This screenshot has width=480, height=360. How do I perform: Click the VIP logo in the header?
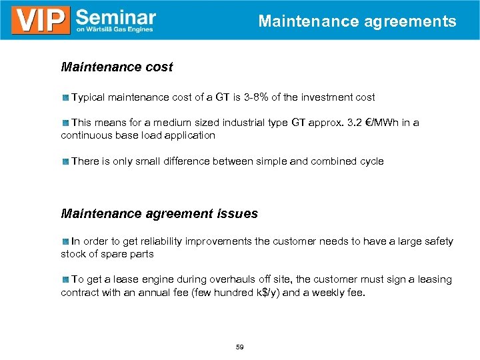(x=41, y=20)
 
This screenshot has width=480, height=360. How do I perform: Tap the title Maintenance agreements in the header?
(x=357, y=21)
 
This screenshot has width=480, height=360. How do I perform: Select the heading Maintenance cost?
(x=117, y=67)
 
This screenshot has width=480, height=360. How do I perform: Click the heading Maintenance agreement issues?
(x=159, y=214)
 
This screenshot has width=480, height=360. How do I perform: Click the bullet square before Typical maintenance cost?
(x=65, y=98)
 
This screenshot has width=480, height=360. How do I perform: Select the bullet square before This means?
(x=65, y=123)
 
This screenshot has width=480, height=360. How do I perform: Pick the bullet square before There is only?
(x=65, y=161)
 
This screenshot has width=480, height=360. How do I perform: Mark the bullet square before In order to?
(x=65, y=241)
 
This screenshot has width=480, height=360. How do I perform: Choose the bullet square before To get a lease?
(x=65, y=280)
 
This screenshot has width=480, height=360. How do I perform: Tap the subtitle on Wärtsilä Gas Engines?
(x=115, y=29)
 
